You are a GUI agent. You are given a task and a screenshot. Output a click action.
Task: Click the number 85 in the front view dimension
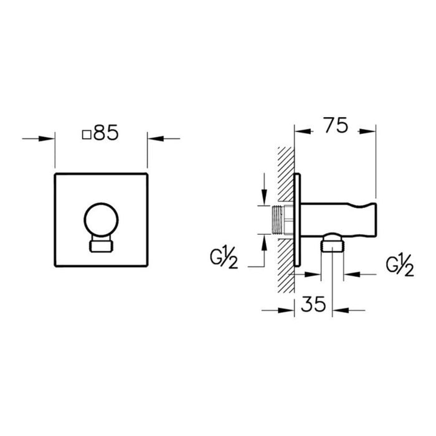tap(106, 133)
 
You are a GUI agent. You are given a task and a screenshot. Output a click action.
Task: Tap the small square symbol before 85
tap(87, 133)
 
